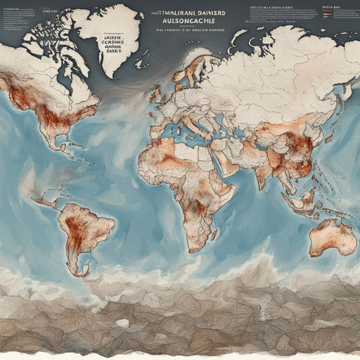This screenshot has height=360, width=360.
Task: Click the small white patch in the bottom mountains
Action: [x=122, y=323]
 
